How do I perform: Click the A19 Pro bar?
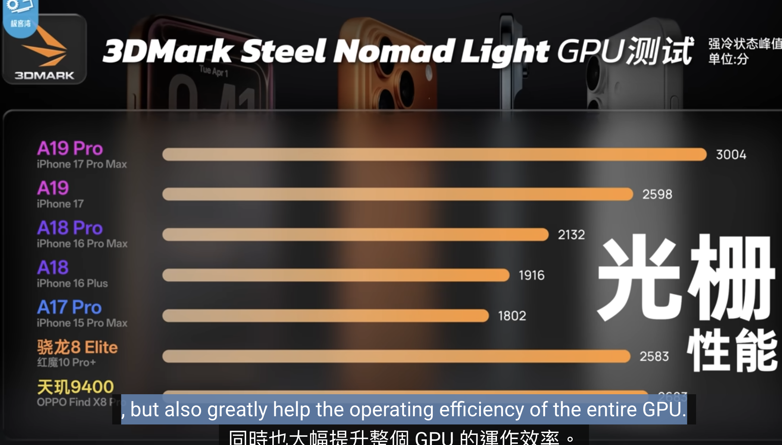pyautogui.click(x=434, y=155)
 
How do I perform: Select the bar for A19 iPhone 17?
pyautogui.click(x=398, y=194)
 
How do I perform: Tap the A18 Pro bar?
pyautogui.click(x=355, y=234)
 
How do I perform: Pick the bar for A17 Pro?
pyautogui.click(x=325, y=316)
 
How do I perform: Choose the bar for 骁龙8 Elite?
pyautogui.click(x=396, y=356)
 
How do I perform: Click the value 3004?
pyautogui.click(x=731, y=155)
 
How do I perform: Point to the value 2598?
pyautogui.click(x=657, y=194)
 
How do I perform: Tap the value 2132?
pyautogui.click(x=571, y=235)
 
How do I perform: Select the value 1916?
pyautogui.click(x=532, y=276)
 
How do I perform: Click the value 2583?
pyautogui.click(x=654, y=357)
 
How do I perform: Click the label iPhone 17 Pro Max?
pyautogui.click(x=82, y=164)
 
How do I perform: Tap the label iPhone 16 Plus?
pyautogui.click(x=72, y=283)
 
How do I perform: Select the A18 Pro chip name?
pyautogui.click(x=70, y=228)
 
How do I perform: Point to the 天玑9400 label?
pyautogui.click(x=75, y=387)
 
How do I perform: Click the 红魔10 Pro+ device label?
pyautogui.click(x=66, y=362)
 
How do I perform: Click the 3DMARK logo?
pyautogui.click(x=44, y=50)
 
